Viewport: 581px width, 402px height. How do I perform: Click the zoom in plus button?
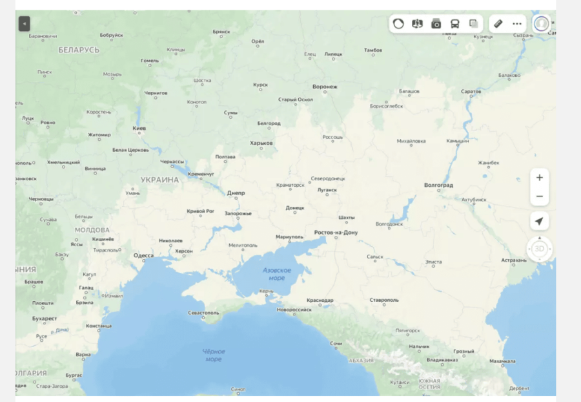coord(540,178)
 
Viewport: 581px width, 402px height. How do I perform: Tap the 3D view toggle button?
coord(540,249)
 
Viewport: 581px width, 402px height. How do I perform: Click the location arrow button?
coord(540,222)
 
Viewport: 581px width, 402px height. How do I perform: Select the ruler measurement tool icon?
coord(498,24)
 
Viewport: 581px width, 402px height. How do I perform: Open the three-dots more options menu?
coord(517,24)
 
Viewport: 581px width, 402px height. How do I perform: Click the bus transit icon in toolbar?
coord(455,24)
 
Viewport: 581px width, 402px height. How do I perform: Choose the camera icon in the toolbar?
coord(436,24)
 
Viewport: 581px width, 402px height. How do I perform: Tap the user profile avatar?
coord(542,23)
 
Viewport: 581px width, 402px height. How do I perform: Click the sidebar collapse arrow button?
coord(25,24)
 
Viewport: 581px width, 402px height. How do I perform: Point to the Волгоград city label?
coord(439,185)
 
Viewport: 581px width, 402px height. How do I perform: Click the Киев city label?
coord(139,128)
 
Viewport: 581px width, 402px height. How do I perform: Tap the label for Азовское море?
coord(277,274)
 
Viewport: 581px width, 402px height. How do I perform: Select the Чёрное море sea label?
coord(214,355)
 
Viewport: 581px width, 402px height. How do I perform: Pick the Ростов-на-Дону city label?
coord(336,232)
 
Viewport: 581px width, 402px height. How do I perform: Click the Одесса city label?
coord(143,255)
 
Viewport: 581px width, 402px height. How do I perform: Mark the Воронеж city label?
coord(325,87)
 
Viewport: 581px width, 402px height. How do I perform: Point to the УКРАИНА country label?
coord(159,180)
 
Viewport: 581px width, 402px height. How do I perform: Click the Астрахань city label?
coord(514,260)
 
